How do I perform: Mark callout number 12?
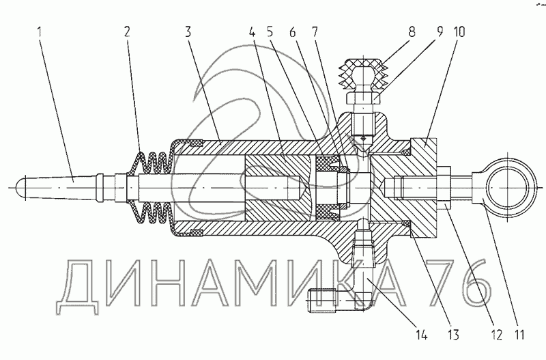pyautogui.click(x=495, y=335)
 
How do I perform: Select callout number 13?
pyautogui.click(x=452, y=335)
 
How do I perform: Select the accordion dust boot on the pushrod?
pyautogui.click(x=152, y=186)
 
